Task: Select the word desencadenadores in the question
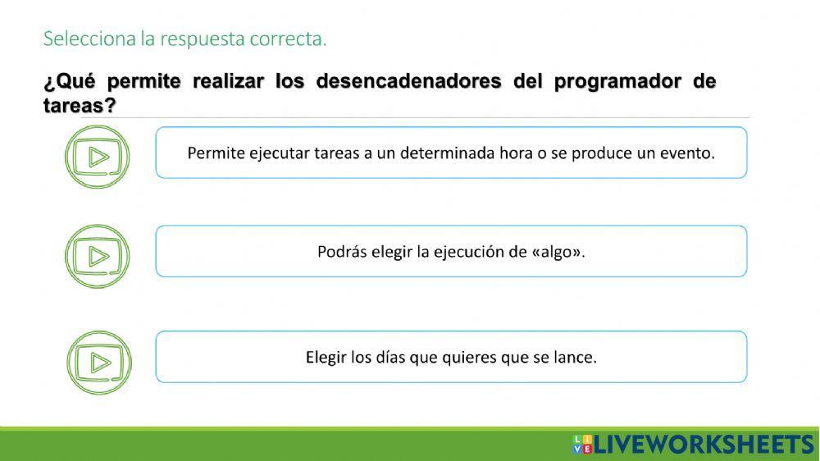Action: tap(408, 82)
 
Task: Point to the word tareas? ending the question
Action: tap(79, 106)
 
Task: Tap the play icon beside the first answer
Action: tap(98, 157)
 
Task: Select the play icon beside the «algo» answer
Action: tap(98, 256)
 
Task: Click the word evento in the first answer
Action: tap(687, 153)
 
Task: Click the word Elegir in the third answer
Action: tap(326, 358)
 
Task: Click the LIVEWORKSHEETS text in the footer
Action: tap(703, 445)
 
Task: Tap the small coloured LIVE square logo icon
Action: tap(581, 445)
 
